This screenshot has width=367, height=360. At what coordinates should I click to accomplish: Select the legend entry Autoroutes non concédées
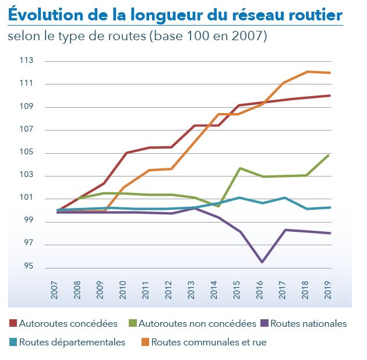198,323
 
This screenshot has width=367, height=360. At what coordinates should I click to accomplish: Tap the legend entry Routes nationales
309,323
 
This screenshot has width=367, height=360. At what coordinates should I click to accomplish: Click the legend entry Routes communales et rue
209,342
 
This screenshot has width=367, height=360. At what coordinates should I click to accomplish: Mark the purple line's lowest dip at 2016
262,262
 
